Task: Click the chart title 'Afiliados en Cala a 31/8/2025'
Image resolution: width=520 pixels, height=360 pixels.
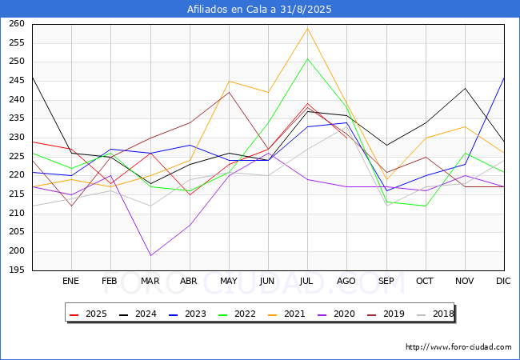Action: tap(259, 10)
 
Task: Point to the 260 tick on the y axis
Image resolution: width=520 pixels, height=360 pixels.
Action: tap(17, 24)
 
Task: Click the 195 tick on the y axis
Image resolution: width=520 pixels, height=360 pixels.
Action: tap(17, 270)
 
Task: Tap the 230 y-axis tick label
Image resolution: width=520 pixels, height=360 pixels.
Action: tap(17, 138)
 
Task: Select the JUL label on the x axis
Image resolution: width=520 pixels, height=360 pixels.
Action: tap(307, 282)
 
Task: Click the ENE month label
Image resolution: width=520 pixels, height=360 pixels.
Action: tap(71, 282)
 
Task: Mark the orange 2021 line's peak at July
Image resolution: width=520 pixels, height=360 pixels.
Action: tap(307, 28)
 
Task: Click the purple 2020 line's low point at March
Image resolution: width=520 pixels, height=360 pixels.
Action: tap(150, 255)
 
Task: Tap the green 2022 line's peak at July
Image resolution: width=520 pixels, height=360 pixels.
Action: tap(307, 58)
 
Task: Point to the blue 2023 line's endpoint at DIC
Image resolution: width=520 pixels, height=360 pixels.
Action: tap(504, 78)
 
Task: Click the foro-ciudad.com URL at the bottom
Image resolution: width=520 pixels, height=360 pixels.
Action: tap(458, 347)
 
